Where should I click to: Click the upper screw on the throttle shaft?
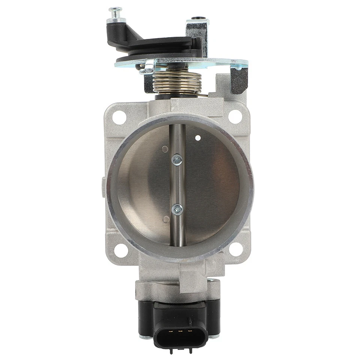177,160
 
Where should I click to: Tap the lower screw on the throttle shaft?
177,209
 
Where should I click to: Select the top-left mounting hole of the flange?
119,117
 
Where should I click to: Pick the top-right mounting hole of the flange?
235,117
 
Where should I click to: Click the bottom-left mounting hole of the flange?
121,250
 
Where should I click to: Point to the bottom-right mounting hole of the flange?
235,249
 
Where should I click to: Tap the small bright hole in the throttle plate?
198,138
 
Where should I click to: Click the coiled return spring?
177,83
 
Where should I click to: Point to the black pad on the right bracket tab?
239,80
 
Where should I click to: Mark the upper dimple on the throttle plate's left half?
165,149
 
